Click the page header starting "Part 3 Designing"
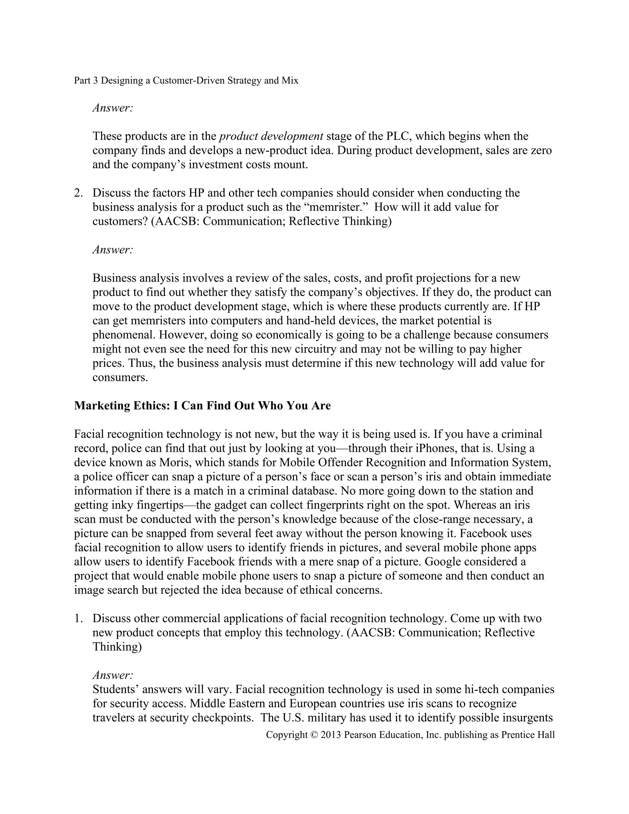[186, 80]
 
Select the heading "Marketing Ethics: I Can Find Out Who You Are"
[202, 405]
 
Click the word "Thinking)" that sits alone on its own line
[117, 647]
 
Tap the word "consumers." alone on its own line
[120, 377]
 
